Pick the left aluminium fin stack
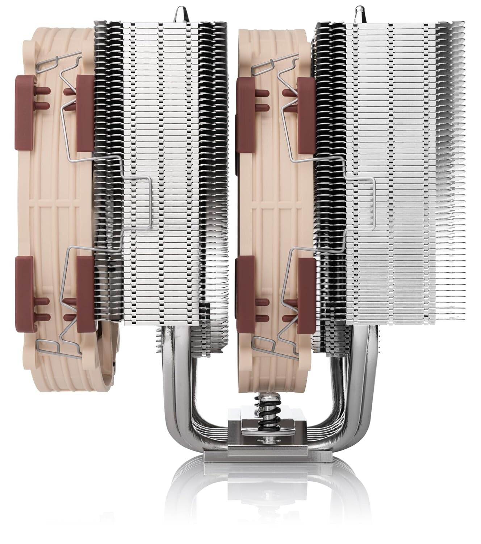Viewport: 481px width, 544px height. pyautogui.click(x=163, y=145)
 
